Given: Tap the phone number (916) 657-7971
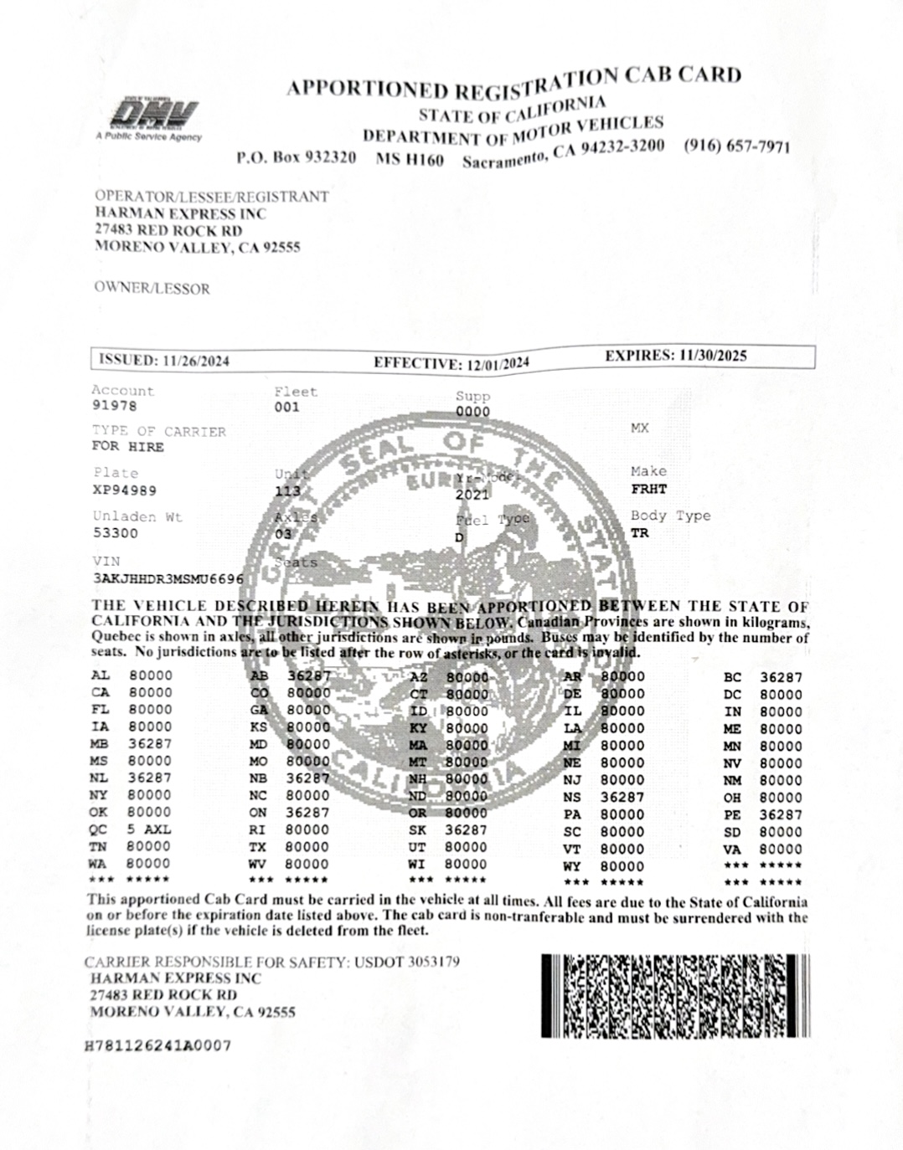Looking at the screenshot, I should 736,146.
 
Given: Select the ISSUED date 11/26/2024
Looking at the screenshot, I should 197,361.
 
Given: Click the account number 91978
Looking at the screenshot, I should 114,407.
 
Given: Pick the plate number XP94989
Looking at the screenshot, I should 124,490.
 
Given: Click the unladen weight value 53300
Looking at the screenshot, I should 116,533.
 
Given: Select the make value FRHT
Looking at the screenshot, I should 648,489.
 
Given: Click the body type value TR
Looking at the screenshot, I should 639,533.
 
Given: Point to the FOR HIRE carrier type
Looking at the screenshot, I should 128,447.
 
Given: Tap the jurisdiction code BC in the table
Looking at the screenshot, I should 732,677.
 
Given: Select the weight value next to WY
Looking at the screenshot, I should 622,866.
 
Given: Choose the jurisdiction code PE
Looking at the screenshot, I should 732,814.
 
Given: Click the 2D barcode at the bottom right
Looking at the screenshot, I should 675,995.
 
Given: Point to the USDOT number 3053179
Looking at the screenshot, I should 432,962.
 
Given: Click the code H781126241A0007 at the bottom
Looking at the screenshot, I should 158,1045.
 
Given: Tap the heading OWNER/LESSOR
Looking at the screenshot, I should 152,289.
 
